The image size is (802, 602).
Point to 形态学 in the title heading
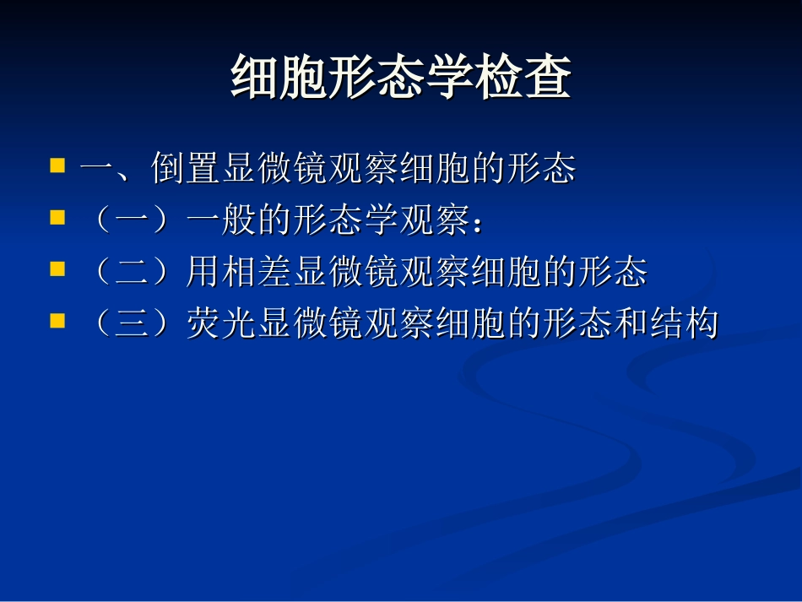[x=400, y=79]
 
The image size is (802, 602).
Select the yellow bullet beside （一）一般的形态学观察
[x=57, y=219]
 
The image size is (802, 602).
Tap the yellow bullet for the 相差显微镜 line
[x=57, y=270]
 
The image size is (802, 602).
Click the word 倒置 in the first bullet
[x=186, y=169]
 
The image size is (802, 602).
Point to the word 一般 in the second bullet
[x=221, y=221]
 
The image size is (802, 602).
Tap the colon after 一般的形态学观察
[x=478, y=225]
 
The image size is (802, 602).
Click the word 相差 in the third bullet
[x=257, y=273]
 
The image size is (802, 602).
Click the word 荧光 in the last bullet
[x=221, y=324]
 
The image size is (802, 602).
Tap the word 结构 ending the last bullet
[x=683, y=324]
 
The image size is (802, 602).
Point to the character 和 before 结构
[x=630, y=324]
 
